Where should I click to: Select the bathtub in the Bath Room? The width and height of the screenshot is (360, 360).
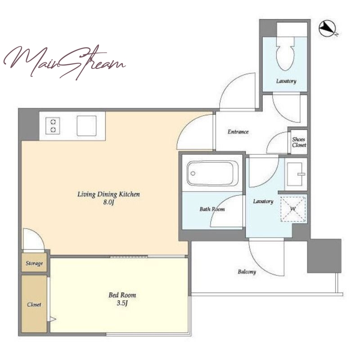pos(212,173)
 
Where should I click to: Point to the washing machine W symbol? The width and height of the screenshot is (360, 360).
pos(293,209)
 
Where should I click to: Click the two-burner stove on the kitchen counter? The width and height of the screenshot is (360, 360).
pos(53,126)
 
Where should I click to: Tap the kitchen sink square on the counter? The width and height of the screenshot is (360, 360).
pos(86,126)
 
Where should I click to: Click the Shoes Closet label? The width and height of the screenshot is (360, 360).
pos(299,142)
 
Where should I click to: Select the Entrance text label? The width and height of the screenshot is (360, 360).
pos(238,132)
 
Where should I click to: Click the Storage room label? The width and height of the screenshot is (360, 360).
pos(34,263)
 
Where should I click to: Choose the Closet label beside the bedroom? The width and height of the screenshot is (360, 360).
pos(34,305)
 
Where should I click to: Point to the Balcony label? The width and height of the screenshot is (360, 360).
pos(247,272)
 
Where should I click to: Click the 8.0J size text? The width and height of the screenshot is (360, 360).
pos(108,202)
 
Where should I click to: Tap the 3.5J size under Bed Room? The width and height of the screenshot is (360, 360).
pos(122,303)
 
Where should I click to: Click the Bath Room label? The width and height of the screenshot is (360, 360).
pos(212,209)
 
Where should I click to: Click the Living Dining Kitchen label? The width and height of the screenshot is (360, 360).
pos(108,194)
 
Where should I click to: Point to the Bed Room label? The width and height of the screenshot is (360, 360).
pos(122,295)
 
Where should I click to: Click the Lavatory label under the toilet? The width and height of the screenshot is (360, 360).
pos(286,81)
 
